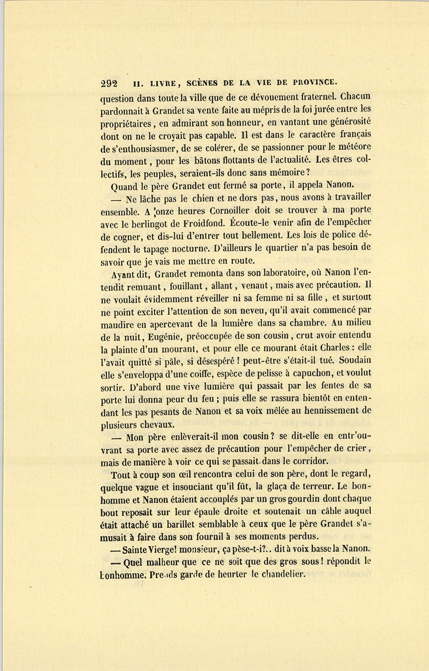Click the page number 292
coord(109,82)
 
